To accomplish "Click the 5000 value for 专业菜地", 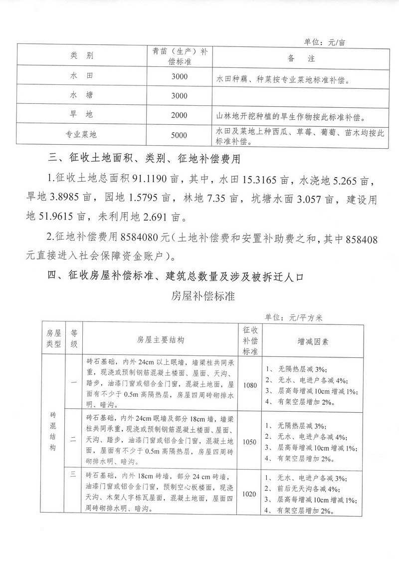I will [179, 135].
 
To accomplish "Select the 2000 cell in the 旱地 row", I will [179, 115].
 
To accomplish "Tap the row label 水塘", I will [82, 96].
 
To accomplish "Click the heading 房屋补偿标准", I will [199, 294].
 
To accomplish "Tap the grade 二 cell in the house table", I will [73, 440].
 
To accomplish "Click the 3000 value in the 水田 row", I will [179, 76].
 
